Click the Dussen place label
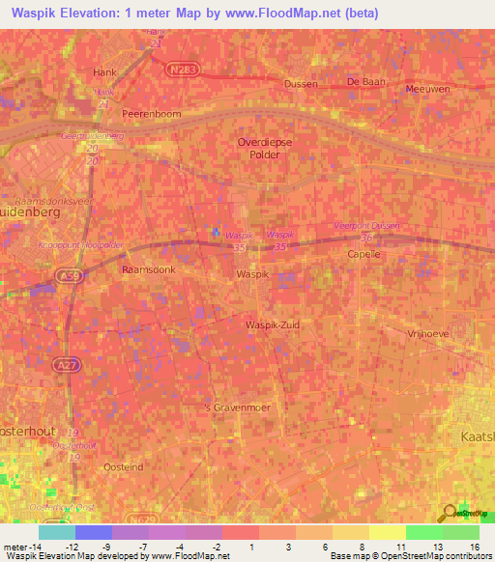301,84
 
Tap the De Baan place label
366,82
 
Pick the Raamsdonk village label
148,270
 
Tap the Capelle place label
365,254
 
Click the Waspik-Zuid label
273,324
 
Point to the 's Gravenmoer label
236,407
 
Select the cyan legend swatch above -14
56,532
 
